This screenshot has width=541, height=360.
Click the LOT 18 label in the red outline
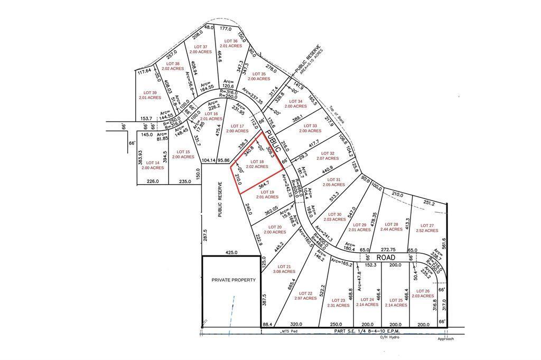(x=257, y=162)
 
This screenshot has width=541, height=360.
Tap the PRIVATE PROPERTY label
(x=234, y=280)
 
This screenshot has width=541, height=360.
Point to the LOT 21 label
(x=281, y=267)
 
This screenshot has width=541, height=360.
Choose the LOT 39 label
(x=150, y=92)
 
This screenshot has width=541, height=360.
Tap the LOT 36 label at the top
(x=230, y=41)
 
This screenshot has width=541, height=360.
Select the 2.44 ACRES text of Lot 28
(x=391, y=230)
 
